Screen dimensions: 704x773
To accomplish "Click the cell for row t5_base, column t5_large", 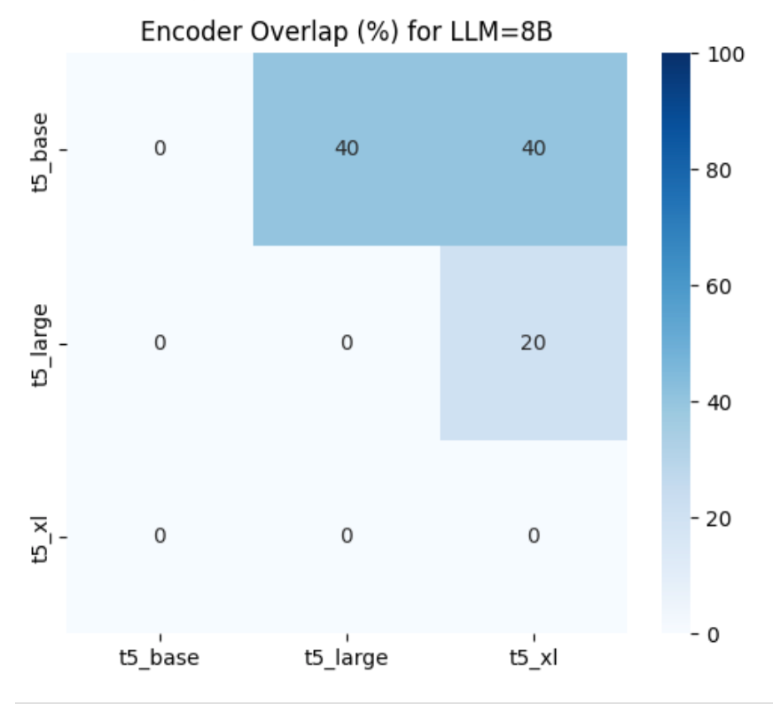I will [347, 148].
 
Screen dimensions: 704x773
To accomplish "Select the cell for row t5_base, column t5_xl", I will [534, 148].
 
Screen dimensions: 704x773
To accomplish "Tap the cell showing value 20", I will [534, 342].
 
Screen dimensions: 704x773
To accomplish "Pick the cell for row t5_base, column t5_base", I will [160, 148].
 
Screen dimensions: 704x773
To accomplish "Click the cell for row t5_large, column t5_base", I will [160, 342].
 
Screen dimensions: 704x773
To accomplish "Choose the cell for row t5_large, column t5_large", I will [347, 342].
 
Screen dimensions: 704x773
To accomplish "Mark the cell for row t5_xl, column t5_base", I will [160, 536].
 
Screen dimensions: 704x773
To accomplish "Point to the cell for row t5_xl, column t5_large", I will [347, 536].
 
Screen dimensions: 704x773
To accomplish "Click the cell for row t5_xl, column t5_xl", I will [534, 536].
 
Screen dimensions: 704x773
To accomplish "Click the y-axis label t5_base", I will [39, 148].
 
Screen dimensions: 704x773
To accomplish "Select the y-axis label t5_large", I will [39, 342].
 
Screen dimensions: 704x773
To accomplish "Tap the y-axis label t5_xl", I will [39, 536].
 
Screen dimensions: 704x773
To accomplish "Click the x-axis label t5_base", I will [160, 658].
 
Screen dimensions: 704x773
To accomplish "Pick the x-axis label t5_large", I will [347, 658].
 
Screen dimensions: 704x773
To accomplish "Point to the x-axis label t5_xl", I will [534, 658].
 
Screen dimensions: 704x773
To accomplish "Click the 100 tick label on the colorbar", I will [727, 55].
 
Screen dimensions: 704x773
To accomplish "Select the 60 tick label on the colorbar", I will [723, 286].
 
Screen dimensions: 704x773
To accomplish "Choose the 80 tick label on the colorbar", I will [723, 170].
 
